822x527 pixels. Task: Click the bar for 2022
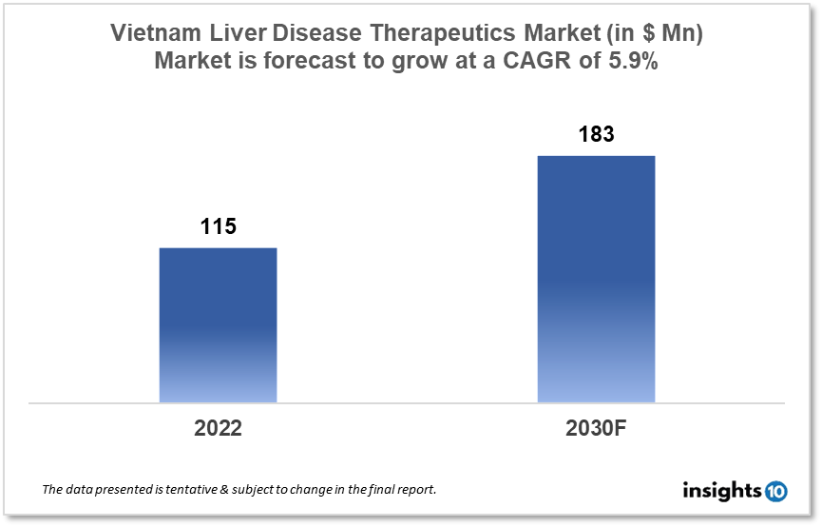coord(218,324)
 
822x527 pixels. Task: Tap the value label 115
coord(218,227)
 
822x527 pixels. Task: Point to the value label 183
coord(596,135)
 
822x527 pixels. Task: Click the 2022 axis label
coord(218,429)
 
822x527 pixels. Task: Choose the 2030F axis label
coord(597,429)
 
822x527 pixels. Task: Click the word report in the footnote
coord(416,490)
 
